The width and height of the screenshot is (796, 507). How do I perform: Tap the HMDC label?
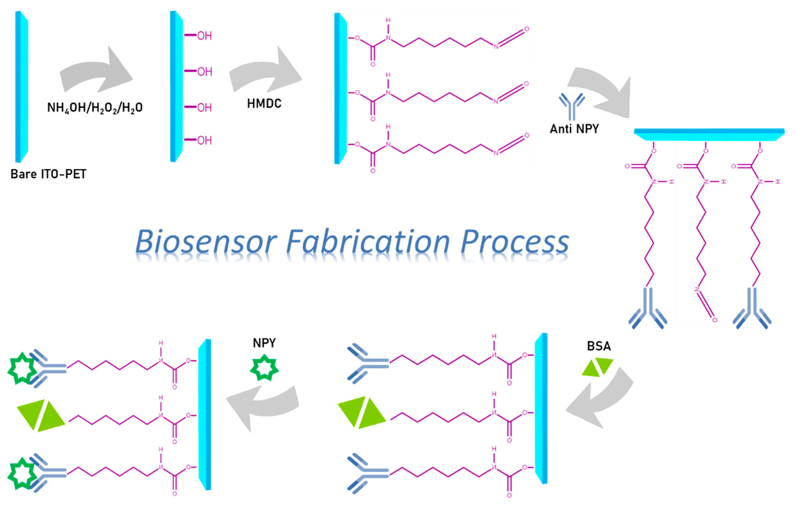pos(264,104)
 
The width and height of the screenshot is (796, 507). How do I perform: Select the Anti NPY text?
pos(574,129)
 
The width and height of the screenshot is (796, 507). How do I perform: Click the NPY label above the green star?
pos(264,343)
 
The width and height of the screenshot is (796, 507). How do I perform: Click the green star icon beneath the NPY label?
pos(264,367)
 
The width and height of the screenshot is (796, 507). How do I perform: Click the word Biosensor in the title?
pos(206,242)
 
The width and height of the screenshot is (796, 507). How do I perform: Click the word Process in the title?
pos(515,242)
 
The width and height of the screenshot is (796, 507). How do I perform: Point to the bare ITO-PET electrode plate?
pos(21,87)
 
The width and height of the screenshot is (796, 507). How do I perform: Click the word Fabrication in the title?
pos(368,242)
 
